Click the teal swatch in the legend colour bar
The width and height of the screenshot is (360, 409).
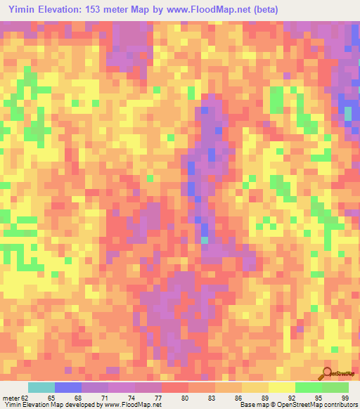(x=41, y=387)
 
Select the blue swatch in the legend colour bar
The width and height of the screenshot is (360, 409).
(x=68, y=387)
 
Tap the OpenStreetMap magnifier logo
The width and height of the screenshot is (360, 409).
(x=327, y=373)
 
